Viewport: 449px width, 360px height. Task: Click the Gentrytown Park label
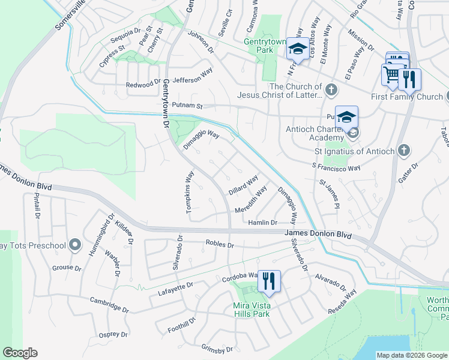click(x=267, y=46)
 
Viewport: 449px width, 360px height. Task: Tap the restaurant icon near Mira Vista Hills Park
click(x=269, y=281)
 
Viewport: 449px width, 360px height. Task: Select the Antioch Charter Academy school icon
click(x=347, y=118)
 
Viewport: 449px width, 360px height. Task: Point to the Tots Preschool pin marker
click(x=74, y=245)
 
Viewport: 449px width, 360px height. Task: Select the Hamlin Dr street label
click(x=262, y=223)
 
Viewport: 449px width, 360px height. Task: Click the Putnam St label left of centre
click(x=188, y=106)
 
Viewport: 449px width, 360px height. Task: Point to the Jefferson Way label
click(x=193, y=79)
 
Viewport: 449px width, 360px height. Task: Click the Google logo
click(x=20, y=353)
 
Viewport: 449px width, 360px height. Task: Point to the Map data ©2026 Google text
click(x=412, y=355)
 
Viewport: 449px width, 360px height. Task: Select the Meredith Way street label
click(x=251, y=201)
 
